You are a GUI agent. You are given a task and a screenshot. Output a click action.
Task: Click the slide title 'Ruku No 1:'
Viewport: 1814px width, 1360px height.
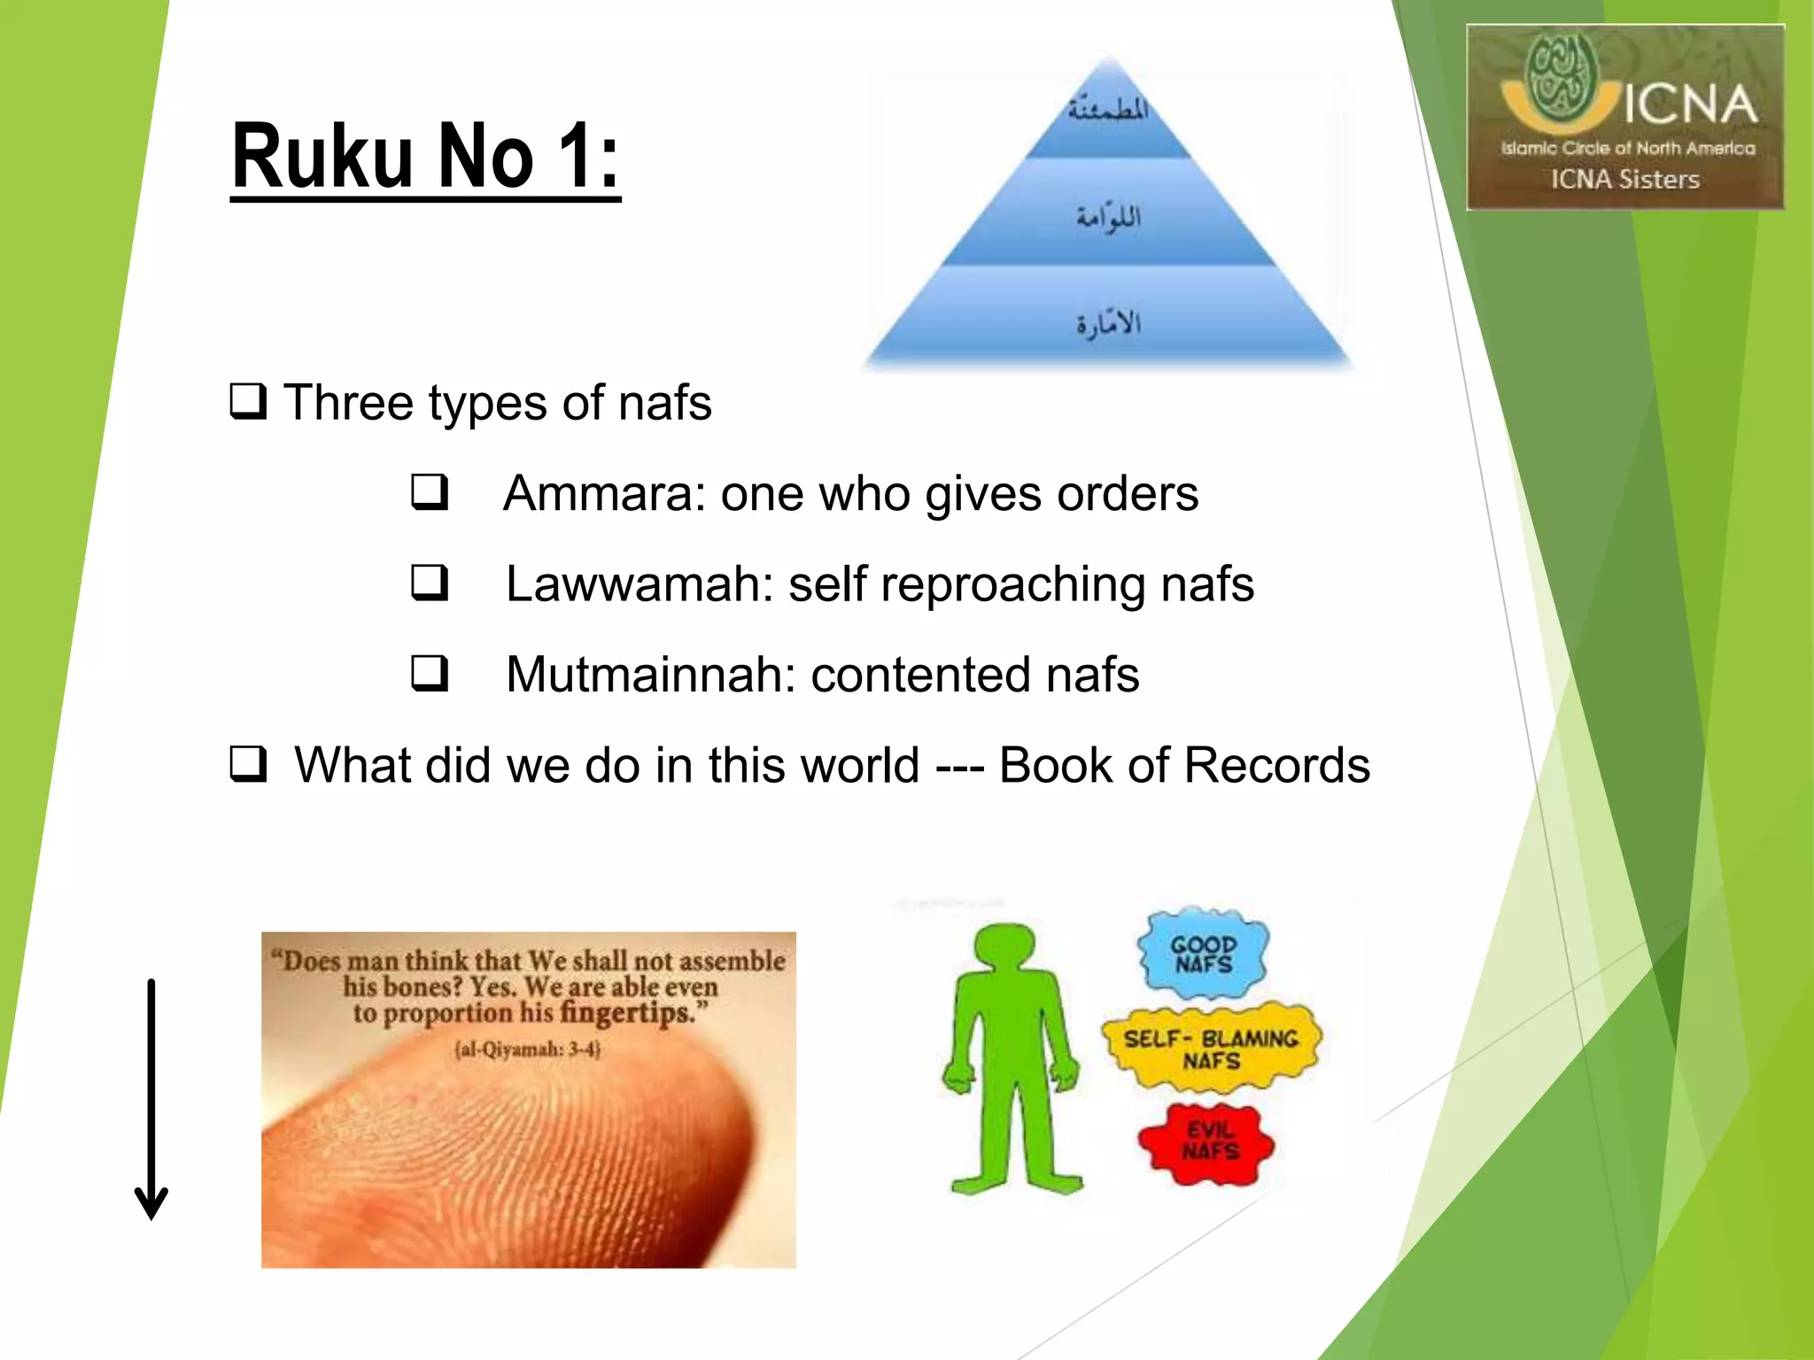click(x=425, y=157)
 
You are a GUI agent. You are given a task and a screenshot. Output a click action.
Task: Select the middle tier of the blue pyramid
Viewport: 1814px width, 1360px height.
click(x=1109, y=215)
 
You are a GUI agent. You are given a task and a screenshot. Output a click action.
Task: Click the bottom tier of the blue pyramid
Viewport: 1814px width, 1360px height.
click(x=1109, y=321)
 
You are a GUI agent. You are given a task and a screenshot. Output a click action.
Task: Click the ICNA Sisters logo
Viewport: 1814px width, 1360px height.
click(x=1625, y=117)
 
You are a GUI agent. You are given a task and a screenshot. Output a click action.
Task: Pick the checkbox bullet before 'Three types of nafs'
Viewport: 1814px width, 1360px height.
click(x=248, y=402)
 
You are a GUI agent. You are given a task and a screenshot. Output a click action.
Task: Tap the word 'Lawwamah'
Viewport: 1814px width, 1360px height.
click(x=638, y=584)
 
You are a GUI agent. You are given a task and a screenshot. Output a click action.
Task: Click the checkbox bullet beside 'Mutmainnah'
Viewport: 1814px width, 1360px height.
click(x=430, y=674)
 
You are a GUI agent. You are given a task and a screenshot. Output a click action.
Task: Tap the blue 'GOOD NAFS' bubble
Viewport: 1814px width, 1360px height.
click(x=1203, y=954)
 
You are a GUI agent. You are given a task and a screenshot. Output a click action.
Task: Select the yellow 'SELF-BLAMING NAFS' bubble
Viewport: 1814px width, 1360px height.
click(x=1211, y=1048)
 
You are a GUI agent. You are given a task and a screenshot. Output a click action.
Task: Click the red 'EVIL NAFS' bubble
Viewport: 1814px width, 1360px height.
click(x=1206, y=1143)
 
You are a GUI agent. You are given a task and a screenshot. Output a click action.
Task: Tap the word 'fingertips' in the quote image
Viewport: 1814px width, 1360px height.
click(x=625, y=1013)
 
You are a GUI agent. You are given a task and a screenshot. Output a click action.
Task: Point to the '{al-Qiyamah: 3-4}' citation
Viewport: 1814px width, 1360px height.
click(x=528, y=1050)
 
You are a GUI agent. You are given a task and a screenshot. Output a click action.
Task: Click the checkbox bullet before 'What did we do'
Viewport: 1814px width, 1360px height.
click(x=248, y=764)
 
